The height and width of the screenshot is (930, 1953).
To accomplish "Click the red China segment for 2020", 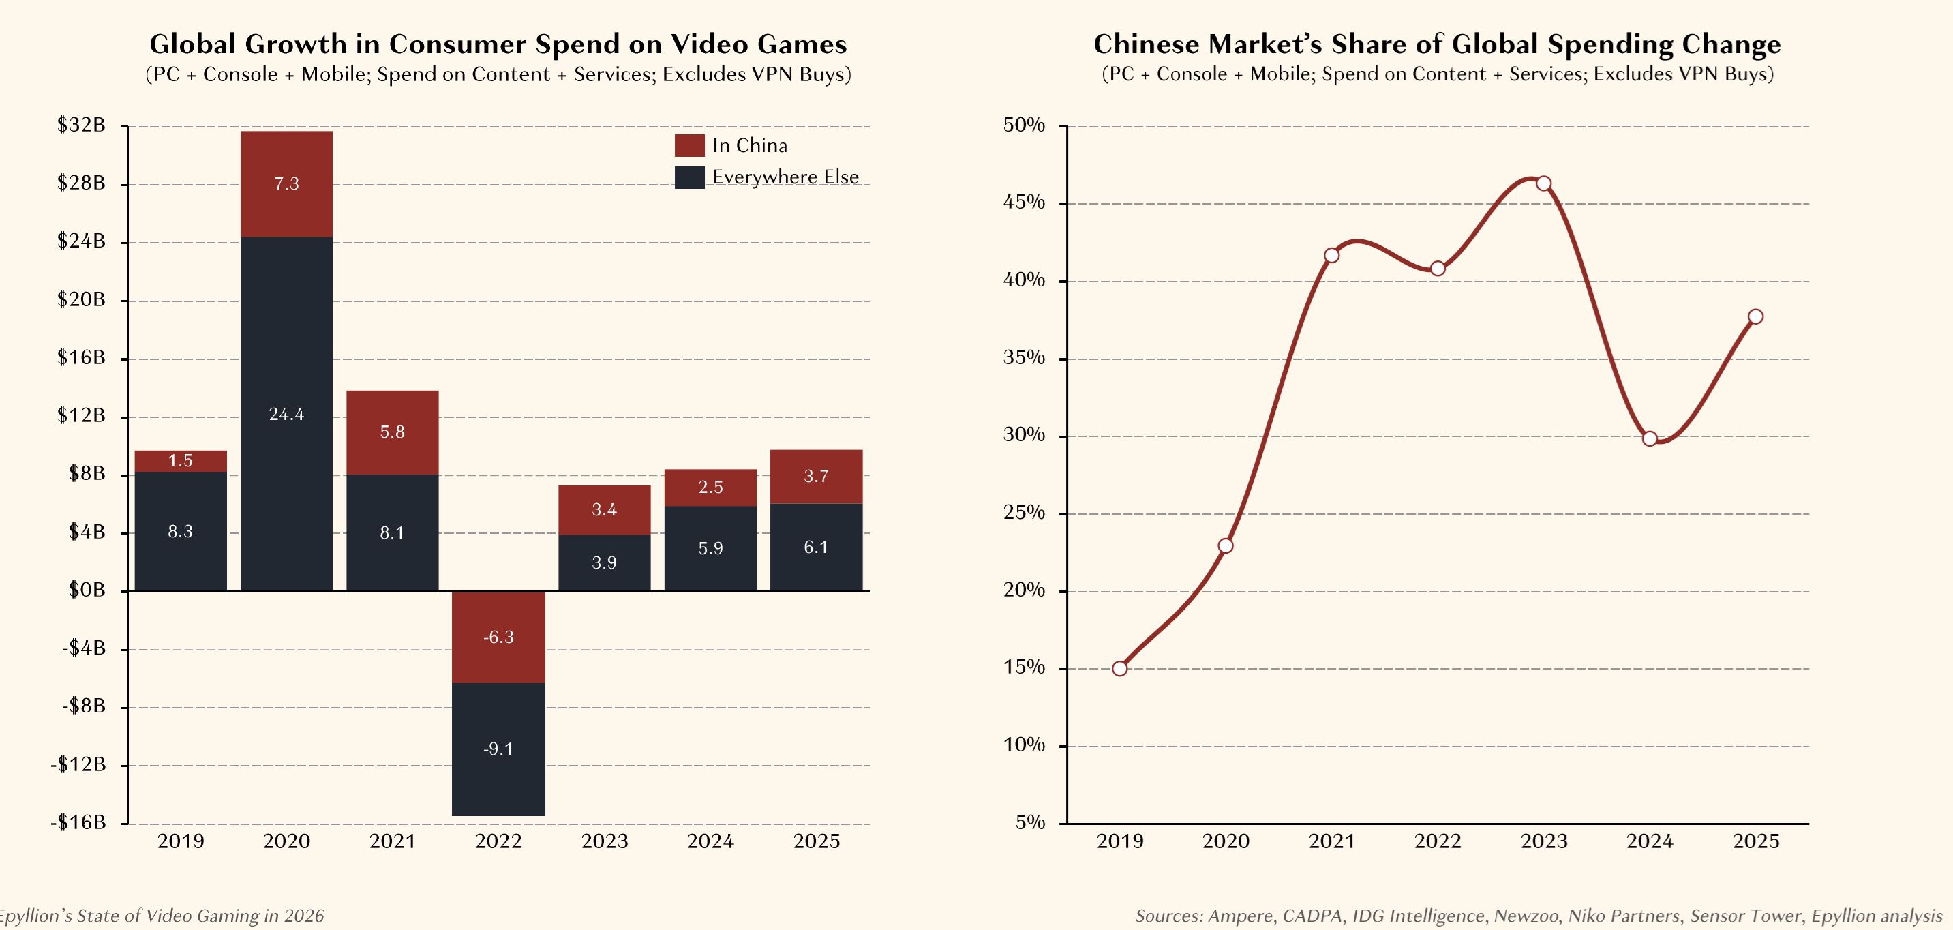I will click(286, 184).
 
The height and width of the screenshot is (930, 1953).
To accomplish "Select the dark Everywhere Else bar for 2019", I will click(181, 531).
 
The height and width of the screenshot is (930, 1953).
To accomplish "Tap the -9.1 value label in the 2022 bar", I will click(498, 749).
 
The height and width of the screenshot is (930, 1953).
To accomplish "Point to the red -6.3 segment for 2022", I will click(498, 637).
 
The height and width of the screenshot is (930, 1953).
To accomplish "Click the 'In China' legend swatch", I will click(689, 146).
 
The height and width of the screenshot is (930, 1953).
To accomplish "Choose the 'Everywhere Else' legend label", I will click(785, 177).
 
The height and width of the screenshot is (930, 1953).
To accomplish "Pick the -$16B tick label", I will click(78, 822).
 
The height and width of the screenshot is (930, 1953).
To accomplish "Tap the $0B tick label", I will click(87, 590).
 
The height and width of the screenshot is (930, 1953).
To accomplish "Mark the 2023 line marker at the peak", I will click(1543, 183).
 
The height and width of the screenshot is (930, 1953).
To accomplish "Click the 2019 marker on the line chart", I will click(1120, 668).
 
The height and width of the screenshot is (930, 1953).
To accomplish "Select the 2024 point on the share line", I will click(1650, 438).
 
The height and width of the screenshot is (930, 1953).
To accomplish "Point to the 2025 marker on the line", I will click(1755, 316).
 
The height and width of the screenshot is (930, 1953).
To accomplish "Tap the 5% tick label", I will click(1030, 822).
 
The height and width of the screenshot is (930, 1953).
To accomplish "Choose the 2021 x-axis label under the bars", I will click(392, 841).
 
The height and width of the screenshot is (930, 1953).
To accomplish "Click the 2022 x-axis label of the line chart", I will click(1438, 841).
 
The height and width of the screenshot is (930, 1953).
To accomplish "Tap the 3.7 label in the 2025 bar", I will click(816, 477).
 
